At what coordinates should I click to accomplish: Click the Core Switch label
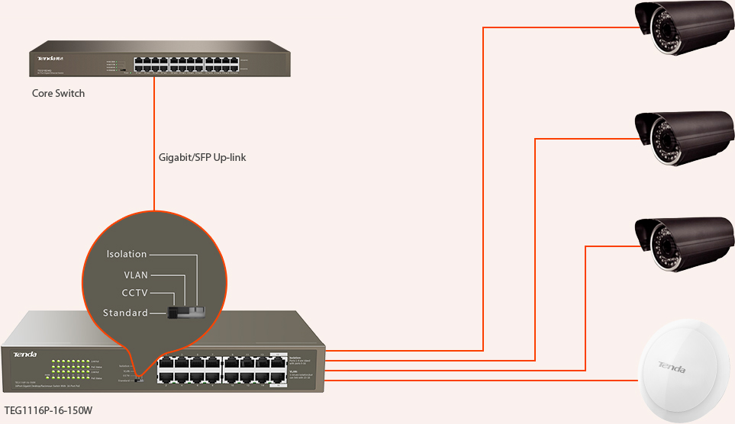pyautogui.click(x=58, y=94)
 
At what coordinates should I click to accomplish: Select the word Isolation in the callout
pyautogui.click(x=127, y=254)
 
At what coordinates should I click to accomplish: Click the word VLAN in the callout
pyautogui.click(x=136, y=275)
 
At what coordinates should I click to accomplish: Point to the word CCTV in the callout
pyautogui.click(x=135, y=293)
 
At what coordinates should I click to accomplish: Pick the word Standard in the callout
pyautogui.click(x=125, y=313)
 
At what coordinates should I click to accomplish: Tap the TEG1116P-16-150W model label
pyautogui.click(x=48, y=410)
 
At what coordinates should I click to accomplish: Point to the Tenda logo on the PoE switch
pyautogui.click(x=24, y=354)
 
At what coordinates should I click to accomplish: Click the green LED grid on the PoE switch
pyautogui.click(x=67, y=368)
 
